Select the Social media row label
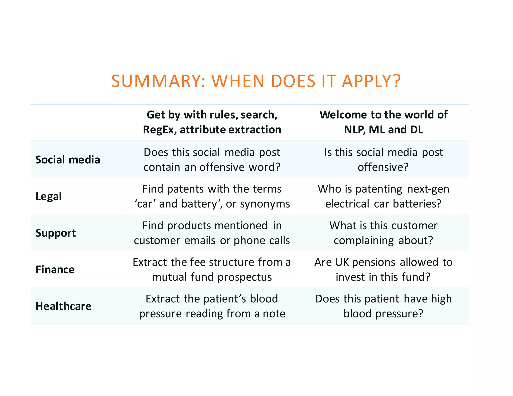[x=68, y=160]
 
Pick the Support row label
[x=56, y=233]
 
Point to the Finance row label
[x=55, y=270]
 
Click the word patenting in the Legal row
[x=379, y=189]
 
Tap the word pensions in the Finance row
[x=373, y=262]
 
